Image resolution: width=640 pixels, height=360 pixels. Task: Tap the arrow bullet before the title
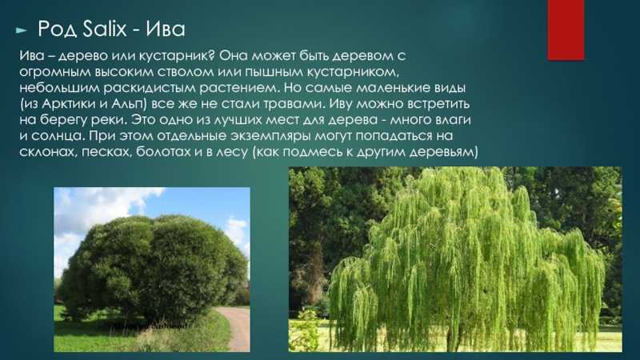coord(22,30)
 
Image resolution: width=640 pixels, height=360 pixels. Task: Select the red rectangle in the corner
coord(566,30)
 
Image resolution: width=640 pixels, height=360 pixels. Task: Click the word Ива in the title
coord(166,29)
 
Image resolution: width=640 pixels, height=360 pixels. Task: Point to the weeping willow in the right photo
coord(466,262)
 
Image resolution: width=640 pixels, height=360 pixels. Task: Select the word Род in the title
coord(57,30)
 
